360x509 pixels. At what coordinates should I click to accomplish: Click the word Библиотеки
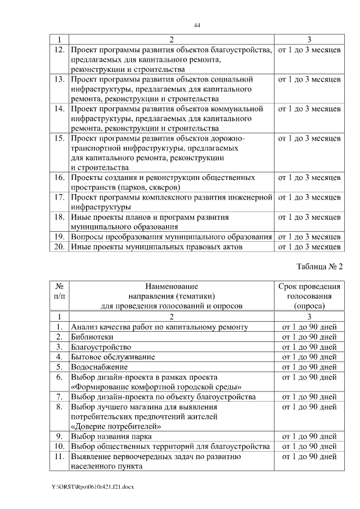click(x=92, y=337)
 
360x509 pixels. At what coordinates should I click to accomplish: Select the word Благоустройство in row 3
click(x=101, y=346)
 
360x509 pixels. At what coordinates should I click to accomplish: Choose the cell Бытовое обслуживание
click(x=112, y=357)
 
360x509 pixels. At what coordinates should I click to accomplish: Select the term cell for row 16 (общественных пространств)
click(x=309, y=178)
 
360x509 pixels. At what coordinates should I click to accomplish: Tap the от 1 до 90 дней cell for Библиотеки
click(x=309, y=337)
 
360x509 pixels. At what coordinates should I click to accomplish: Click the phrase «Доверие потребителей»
click(x=116, y=426)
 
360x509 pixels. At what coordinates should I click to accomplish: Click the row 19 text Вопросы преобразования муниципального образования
click(x=172, y=236)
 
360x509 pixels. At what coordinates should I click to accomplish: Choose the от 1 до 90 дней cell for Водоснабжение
click(x=309, y=367)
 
